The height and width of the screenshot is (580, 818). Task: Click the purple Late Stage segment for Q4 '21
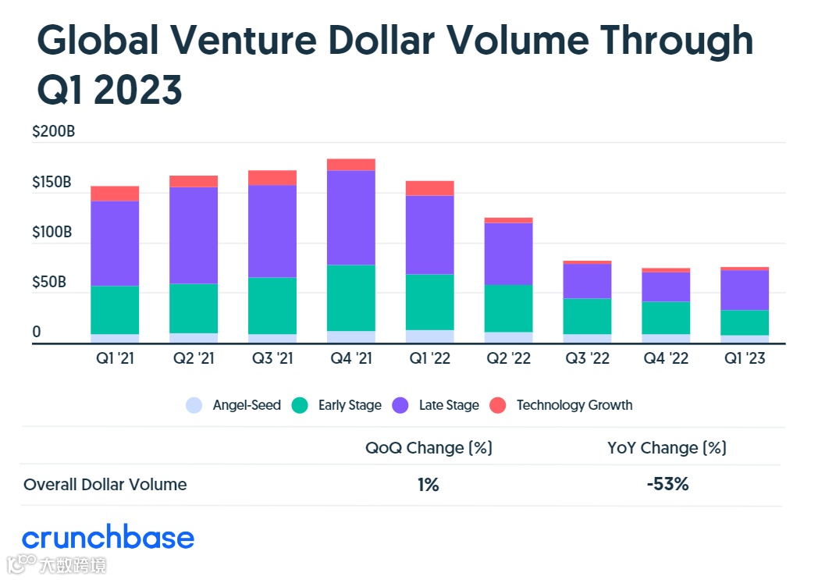click(x=350, y=217)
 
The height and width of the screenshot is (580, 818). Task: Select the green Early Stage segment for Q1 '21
click(x=115, y=310)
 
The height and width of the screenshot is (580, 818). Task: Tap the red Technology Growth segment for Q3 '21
click(x=272, y=177)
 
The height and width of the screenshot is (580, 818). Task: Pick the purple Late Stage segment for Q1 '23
click(x=744, y=290)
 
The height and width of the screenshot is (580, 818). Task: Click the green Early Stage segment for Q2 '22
click(x=508, y=308)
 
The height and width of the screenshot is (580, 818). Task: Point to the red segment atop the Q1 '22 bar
click(x=429, y=187)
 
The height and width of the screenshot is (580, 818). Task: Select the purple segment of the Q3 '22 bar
click(x=587, y=281)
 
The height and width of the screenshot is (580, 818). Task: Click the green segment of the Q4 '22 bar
click(x=666, y=318)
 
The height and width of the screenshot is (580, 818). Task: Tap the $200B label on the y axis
click(x=53, y=132)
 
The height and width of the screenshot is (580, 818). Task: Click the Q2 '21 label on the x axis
click(x=194, y=359)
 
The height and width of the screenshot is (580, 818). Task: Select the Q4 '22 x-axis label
click(x=666, y=359)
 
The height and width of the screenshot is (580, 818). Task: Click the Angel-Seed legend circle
click(x=194, y=405)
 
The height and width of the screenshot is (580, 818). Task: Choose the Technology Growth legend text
click(x=574, y=405)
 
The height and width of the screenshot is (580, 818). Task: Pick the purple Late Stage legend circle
click(x=400, y=405)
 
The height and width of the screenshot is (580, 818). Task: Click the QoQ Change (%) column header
click(x=429, y=448)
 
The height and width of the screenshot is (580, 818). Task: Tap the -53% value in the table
click(x=667, y=484)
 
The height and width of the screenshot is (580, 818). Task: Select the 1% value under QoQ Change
click(x=428, y=484)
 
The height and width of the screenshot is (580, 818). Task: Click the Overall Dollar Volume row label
click(x=105, y=484)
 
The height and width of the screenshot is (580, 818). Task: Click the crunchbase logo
click(x=108, y=538)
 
